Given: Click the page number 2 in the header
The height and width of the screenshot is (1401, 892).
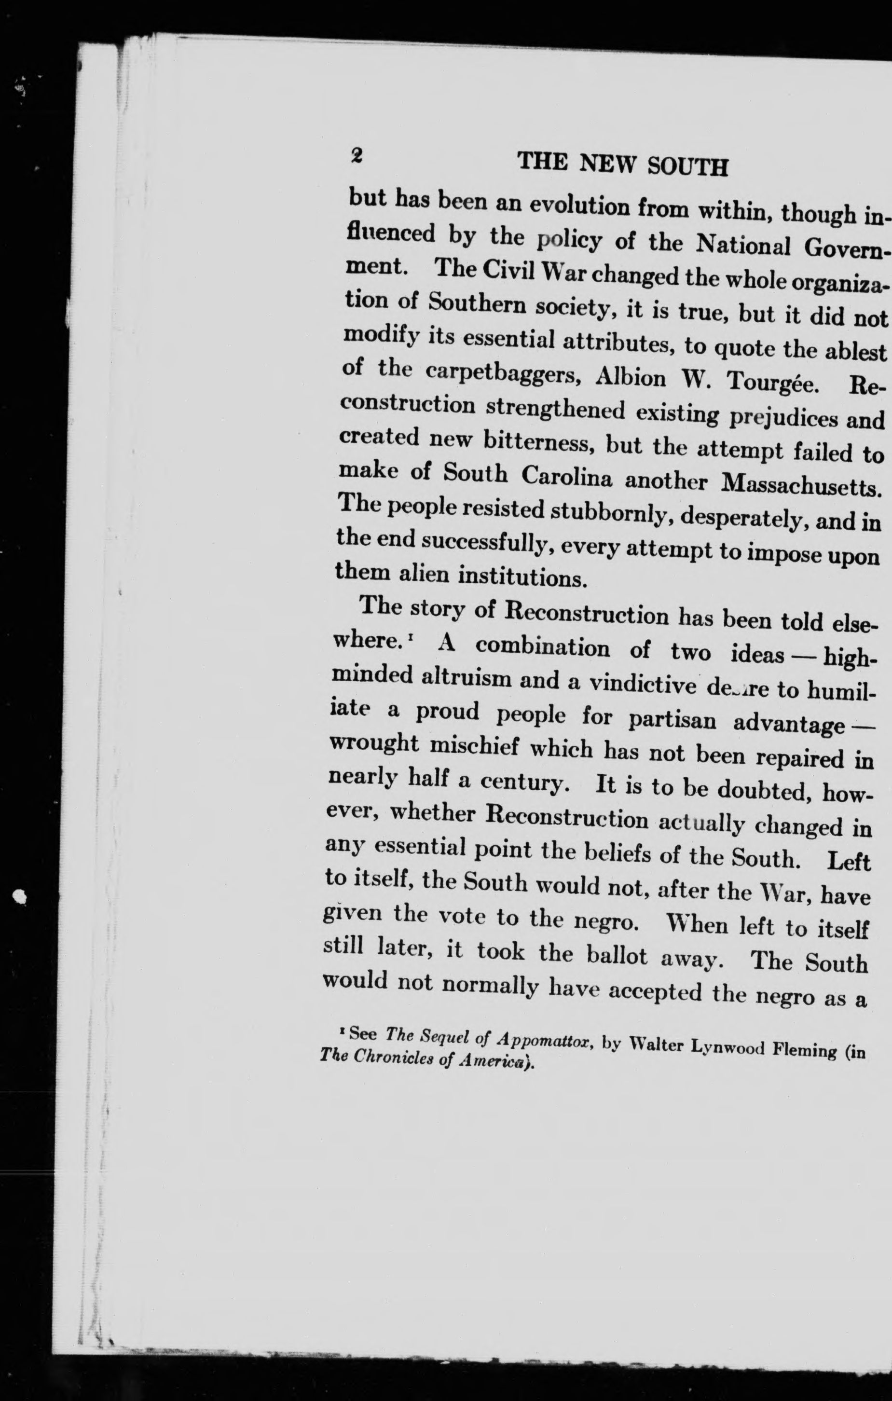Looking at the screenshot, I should (x=356, y=155).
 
